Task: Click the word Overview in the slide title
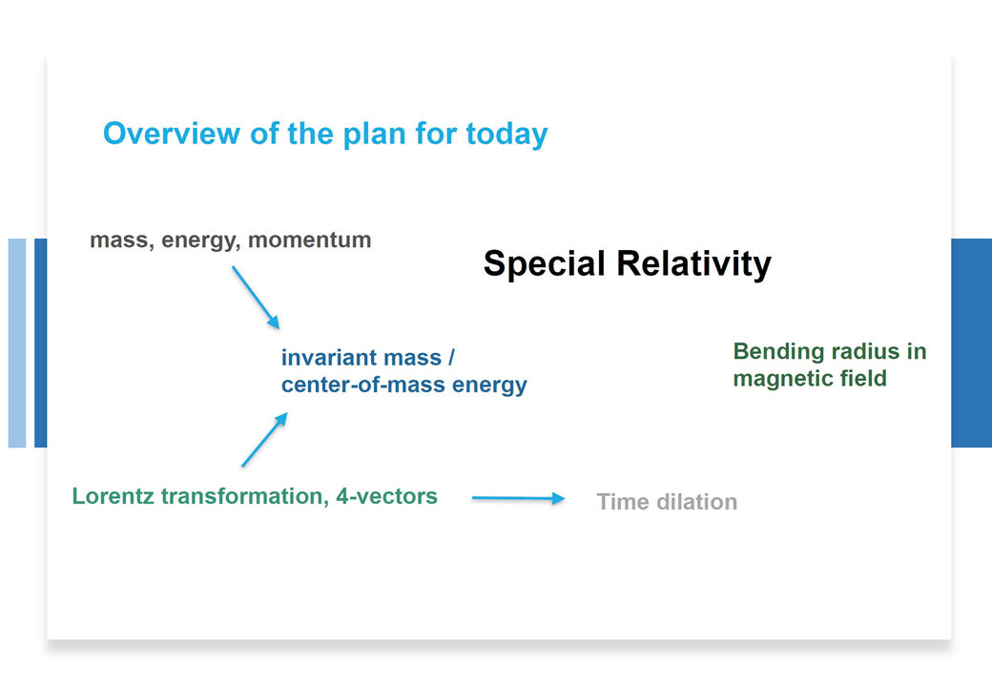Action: (x=172, y=134)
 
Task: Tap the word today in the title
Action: (x=506, y=135)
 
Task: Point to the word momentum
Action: (x=309, y=239)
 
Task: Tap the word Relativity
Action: (x=694, y=263)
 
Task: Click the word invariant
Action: (x=330, y=358)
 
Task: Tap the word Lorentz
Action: (x=114, y=496)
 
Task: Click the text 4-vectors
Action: (x=386, y=496)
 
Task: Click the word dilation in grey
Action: (x=696, y=502)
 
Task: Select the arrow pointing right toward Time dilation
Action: (x=518, y=498)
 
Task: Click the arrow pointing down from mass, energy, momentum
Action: (x=256, y=298)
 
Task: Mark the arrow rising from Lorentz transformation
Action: (x=265, y=440)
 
